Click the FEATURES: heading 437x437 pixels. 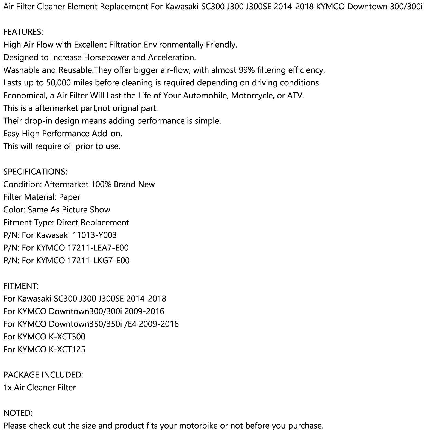click(23, 32)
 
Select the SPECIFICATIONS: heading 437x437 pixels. click(35, 172)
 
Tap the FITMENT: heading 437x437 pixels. click(21, 286)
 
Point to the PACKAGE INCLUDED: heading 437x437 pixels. click(43, 374)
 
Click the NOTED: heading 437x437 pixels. click(18, 413)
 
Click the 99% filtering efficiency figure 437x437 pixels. click(247, 70)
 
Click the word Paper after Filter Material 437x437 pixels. click(70, 197)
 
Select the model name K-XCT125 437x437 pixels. click(67, 349)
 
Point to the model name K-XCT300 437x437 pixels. click(67, 336)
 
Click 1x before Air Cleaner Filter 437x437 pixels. click(7, 387)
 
